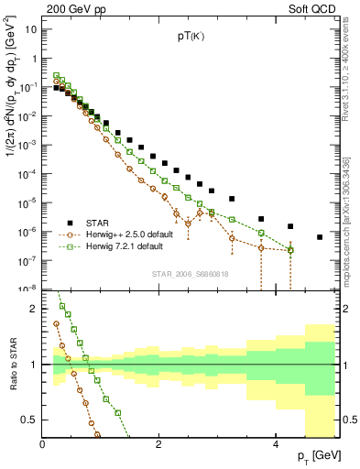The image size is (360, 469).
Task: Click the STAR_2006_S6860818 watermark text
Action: [190, 273]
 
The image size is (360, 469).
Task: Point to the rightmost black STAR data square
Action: [320, 237]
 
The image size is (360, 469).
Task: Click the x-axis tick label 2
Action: [159, 444]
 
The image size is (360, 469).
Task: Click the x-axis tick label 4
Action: [276, 444]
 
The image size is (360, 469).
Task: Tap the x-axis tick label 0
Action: [42, 444]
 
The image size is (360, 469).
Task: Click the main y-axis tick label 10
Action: [30, 29]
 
